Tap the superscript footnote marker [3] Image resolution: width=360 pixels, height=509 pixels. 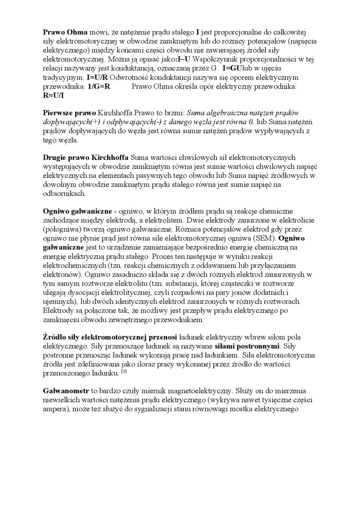[123, 372]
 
